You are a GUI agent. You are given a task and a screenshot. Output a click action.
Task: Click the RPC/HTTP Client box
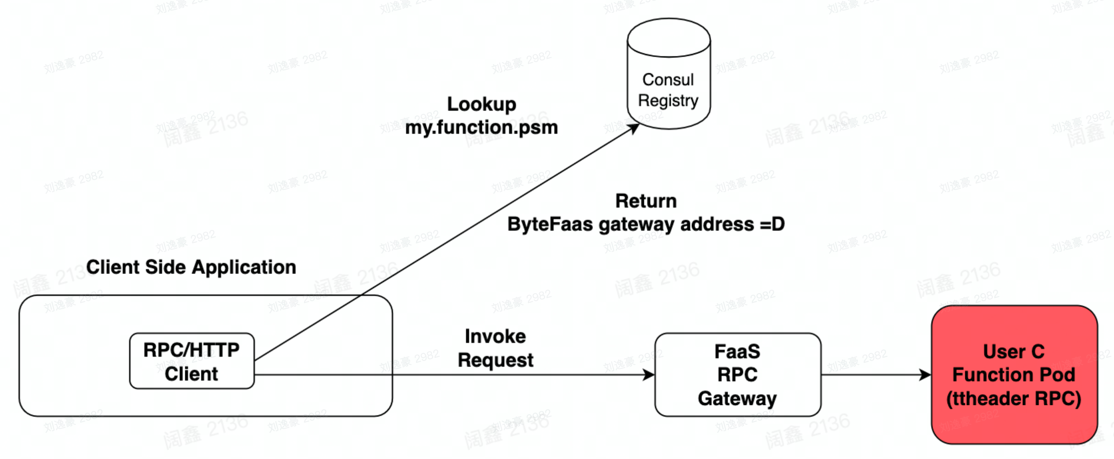click(192, 361)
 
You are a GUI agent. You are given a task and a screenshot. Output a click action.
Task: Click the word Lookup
click(481, 104)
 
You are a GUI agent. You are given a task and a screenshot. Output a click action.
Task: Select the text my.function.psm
click(481, 127)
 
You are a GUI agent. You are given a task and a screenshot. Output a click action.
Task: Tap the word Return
click(646, 201)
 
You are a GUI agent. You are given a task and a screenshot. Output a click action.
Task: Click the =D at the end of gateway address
click(772, 224)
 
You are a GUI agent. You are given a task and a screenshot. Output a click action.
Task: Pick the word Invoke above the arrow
click(495, 336)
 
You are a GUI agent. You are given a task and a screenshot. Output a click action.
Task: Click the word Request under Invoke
click(495, 360)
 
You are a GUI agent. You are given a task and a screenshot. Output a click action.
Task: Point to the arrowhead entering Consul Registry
click(635, 128)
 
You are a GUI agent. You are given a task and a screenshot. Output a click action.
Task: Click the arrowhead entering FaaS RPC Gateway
click(649, 375)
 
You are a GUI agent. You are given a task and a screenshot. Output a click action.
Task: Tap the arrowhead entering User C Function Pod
click(925, 375)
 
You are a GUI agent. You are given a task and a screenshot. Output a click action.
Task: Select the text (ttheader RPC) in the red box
click(1014, 398)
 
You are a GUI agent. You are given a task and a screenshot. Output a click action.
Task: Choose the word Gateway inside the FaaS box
click(737, 398)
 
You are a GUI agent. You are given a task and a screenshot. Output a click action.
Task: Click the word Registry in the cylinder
click(668, 100)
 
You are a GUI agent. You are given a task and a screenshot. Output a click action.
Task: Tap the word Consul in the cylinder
click(668, 80)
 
